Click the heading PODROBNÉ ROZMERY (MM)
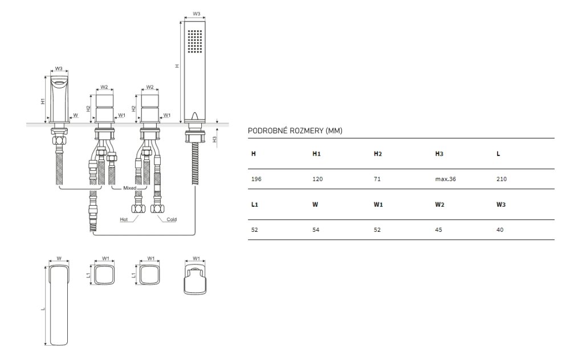tap(295, 131)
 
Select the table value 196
tap(256, 179)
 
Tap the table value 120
tap(317, 179)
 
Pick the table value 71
tap(377, 179)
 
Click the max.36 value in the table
tap(445, 179)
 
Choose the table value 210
tap(501, 179)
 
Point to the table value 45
tap(438, 230)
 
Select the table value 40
tap(500, 230)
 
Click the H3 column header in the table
tap(439, 154)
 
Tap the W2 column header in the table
tap(439, 204)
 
